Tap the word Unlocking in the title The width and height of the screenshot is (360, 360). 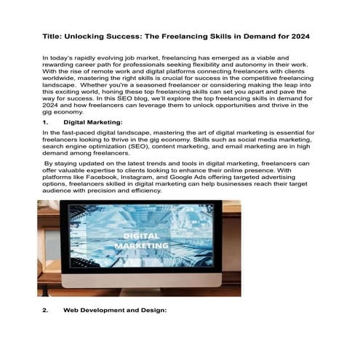click(95, 36)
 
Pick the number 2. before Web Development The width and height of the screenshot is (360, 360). click(46, 311)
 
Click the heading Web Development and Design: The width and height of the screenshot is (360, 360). click(116, 311)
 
